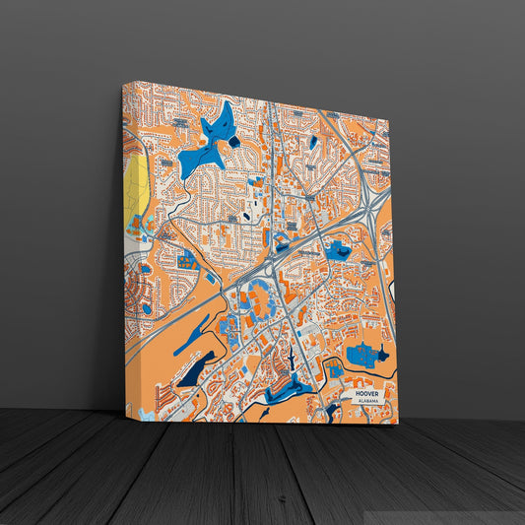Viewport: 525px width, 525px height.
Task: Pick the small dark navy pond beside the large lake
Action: click(x=234, y=141)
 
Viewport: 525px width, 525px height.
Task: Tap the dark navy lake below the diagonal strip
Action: click(x=192, y=371)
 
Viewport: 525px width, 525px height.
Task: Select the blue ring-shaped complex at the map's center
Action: click(x=258, y=295)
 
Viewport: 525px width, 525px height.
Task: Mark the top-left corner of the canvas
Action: click(x=123, y=83)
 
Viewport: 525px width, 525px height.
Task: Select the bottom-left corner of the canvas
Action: click(x=126, y=418)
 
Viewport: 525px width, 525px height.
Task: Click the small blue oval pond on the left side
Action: click(x=147, y=307)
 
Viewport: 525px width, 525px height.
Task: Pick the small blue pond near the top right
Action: click(x=313, y=142)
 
